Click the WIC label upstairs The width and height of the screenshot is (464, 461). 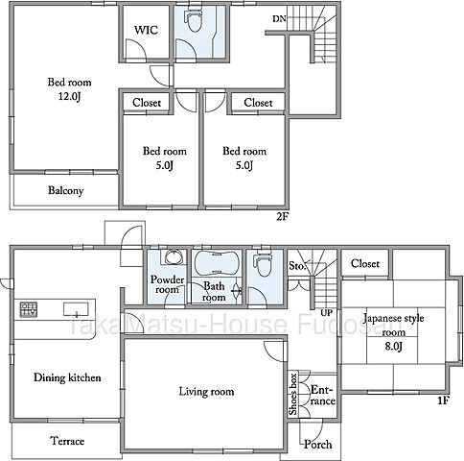pyautogui.click(x=146, y=30)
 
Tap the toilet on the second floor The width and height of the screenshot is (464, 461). pyautogui.click(x=194, y=20)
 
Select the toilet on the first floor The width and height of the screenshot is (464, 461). pyautogui.click(x=264, y=264)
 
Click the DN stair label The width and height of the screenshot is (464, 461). pyautogui.click(x=279, y=19)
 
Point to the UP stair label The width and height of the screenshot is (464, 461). pyautogui.click(x=327, y=312)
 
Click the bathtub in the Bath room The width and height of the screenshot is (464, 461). pyautogui.click(x=217, y=263)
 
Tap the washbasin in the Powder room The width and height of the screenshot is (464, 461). pyautogui.click(x=174, y=256)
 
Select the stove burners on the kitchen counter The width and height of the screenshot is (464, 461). pyautogui.click(x=29, y=309)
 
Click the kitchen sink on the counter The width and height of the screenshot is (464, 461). pyautogui.click(x=76, y=309)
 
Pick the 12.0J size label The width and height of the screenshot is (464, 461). pyautogui.click(x=69, y=96)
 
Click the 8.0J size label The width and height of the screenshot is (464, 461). pyautogui.click(x=393, y=346)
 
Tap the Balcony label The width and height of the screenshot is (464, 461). pyautogui.click(x=66, y=190)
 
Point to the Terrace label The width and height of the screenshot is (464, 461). pyautogui.click(x=67, y=441)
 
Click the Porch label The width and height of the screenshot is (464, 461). pyautogui.click(x=317, y=444)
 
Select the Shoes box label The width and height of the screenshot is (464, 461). pyautogui.click(x=293, y=394)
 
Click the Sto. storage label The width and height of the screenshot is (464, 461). pyautogui.click(x=297, y=265)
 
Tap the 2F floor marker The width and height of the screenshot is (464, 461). pyautogui.click(x=283, y=217)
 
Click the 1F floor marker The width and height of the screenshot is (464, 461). pyautogui.click(x=443, y=400)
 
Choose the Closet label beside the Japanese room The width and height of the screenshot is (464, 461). pyautogui.click(x=365, y=263)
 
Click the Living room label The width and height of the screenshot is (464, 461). pyautogui.click(x=206, y=392)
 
